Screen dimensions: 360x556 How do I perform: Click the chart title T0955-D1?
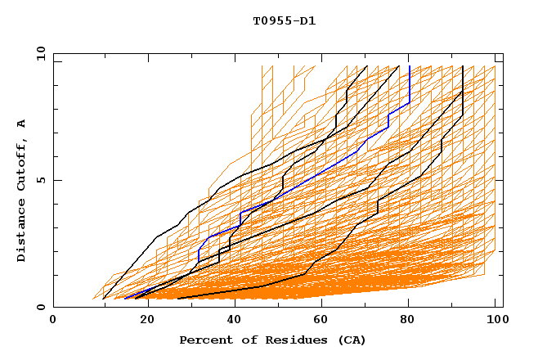284,20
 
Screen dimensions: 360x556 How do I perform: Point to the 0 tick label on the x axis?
53,322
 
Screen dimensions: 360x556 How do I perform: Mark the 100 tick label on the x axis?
495,322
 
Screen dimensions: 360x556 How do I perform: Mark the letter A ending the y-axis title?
21,123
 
